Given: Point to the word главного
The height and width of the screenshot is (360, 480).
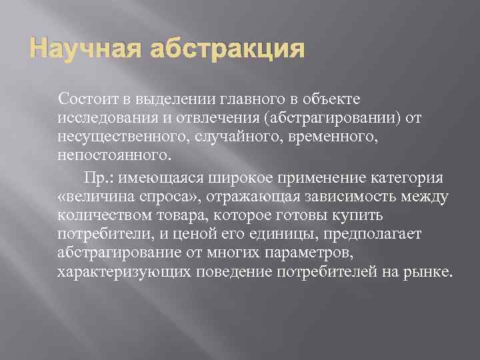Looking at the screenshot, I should (249, 100).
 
